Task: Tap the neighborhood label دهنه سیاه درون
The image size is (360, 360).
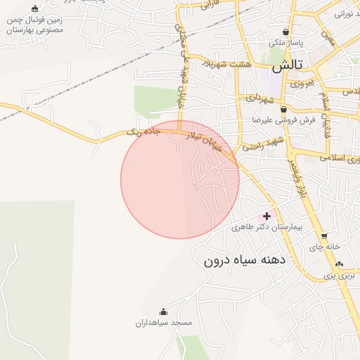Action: click(x=243, y=260)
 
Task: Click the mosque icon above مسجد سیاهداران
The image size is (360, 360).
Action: click(x=164, y=311)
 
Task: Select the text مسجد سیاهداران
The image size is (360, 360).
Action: click(x=164, y=323)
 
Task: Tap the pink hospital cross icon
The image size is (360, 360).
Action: click(x=266, y=216)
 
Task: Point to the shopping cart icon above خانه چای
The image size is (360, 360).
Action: click(x=323, y=236)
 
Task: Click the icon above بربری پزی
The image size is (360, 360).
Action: click(x=340, y=264)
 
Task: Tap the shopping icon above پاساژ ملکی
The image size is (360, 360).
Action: click(x=285, y=32)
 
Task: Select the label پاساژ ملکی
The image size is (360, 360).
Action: click(x=285, y=43)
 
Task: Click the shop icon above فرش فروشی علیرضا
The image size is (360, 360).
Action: click(x=283, y=110)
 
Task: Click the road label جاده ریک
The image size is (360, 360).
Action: click(x=144, y=131)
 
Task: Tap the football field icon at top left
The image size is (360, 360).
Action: click(x=35, y=9)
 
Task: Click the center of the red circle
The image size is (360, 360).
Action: click(x=180, y=179)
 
